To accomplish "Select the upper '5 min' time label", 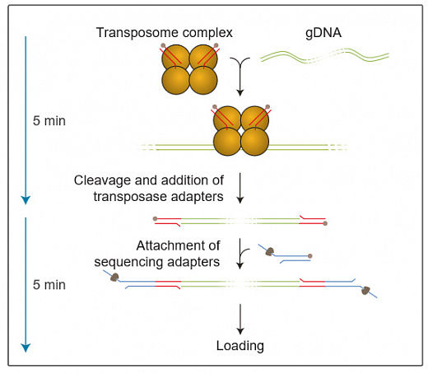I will [x=49, y=121].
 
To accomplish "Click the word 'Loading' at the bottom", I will [x=240, y=346].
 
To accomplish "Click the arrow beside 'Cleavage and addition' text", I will [x=240, y=188].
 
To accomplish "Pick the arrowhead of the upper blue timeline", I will [x=26, y=199].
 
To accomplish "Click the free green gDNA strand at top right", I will [x=324, y=57].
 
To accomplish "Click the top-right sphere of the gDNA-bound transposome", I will [x=255, y=119].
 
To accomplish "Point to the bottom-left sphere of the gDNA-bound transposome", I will [x=228, y=143].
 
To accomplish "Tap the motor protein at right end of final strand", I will [x=366, y=291].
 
